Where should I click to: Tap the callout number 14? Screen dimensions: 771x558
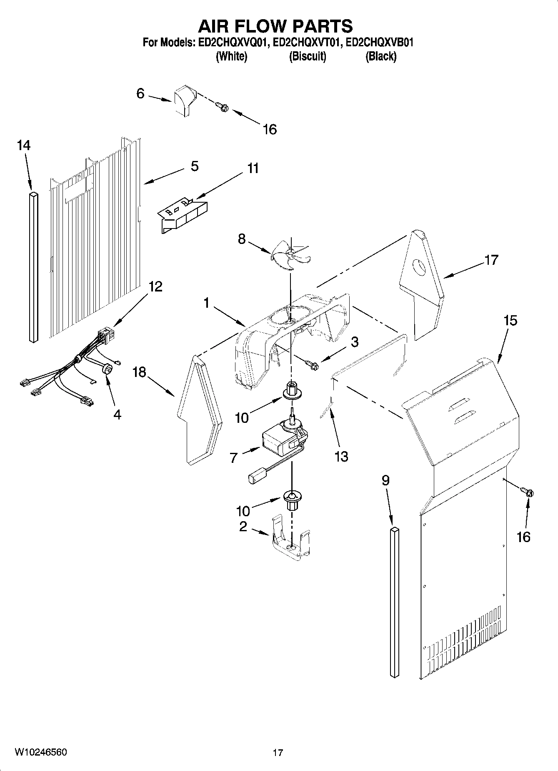(24, 146)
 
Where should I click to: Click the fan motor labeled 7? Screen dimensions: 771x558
(280, 440)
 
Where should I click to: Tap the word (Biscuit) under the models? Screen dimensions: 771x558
(308, 56)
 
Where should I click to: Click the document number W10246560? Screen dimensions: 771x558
(40, 752)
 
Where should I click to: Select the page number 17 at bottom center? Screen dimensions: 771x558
(278, 753)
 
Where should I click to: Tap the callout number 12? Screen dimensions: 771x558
(155, 286)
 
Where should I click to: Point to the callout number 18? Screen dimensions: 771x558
(139, 372)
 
